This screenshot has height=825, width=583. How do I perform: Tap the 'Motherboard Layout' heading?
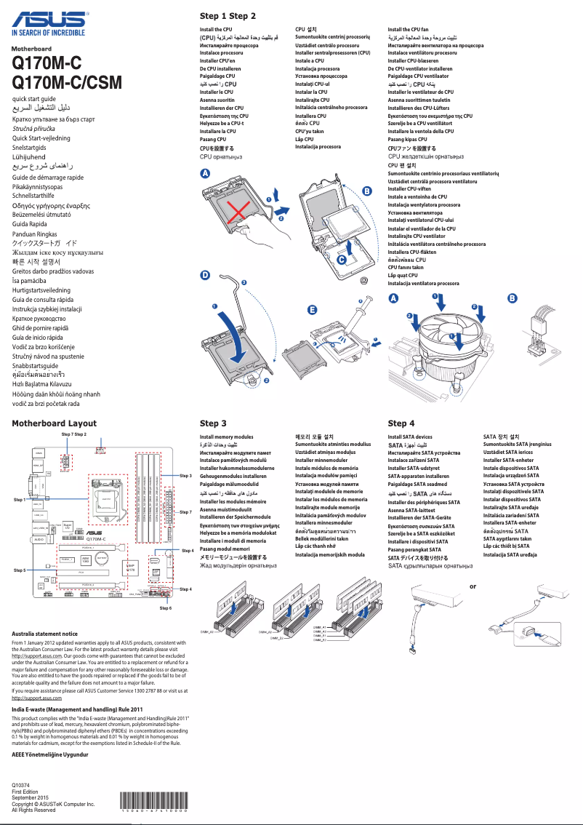pyautogui.click(x=55, y=423)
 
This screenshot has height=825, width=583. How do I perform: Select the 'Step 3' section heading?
pyautogui.click(x=213, y=423)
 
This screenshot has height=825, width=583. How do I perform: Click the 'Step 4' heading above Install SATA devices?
pyautogui.click(x=401, y=423)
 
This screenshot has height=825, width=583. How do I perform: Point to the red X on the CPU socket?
pyautogui.click(x=235, y=213)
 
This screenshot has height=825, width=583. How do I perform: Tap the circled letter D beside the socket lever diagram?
pyautogui.click(x=205, y=276)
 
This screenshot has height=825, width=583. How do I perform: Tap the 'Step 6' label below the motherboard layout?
pyautogui.click(x=165, y=607)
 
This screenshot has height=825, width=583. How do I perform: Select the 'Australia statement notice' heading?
pyautogui.click(x=45, y=634)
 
